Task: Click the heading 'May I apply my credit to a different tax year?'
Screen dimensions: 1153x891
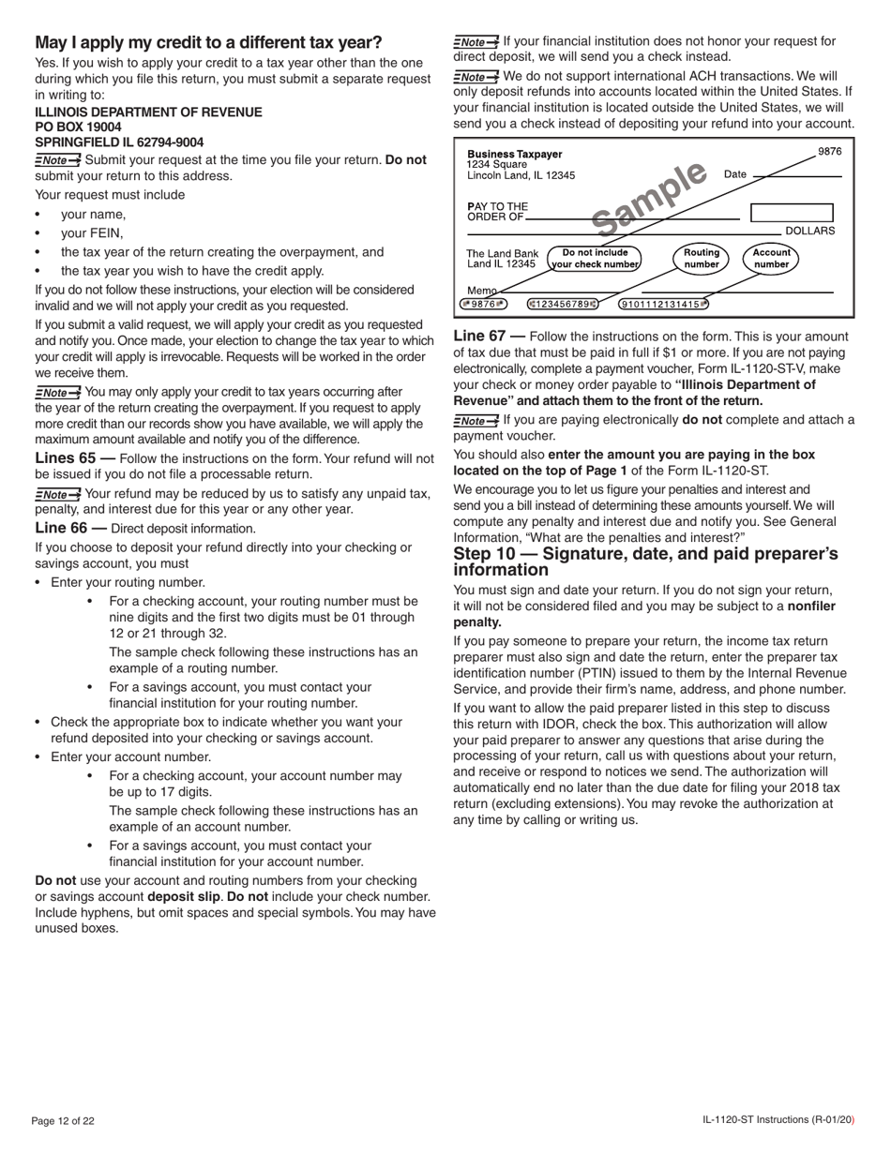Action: (x=208, y=43)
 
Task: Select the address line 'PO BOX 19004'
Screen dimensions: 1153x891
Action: (x=78, y=127)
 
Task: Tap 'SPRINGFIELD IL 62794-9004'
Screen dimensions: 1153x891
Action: (x=119, y=142)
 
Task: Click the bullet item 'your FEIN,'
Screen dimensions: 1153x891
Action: (x=92, y=233)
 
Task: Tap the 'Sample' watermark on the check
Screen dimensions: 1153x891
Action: (x=649, y=198)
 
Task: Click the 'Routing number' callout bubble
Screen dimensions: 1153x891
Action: (x=701, y=258)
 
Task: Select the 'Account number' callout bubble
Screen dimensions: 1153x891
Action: (x=771, y=258)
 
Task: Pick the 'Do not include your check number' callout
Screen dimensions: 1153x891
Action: (x=595, y=258)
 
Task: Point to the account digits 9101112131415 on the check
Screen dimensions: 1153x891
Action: (x=663, y=304)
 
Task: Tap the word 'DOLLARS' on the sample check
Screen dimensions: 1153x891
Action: (x=809, y=231)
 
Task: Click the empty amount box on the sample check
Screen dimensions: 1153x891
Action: (x=791, y=214)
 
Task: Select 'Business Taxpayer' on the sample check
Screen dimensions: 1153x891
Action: (x=515, y=154)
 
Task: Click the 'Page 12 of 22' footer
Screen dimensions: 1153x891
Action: (x=63, y=1120)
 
